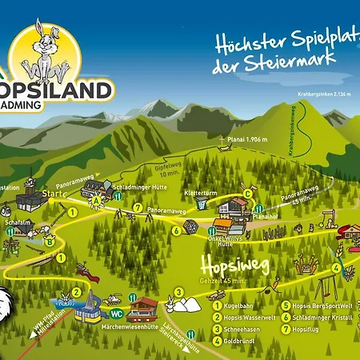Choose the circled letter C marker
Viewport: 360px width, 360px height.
[248, 193]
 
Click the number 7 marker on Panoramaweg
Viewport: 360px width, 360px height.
[138, 207]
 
